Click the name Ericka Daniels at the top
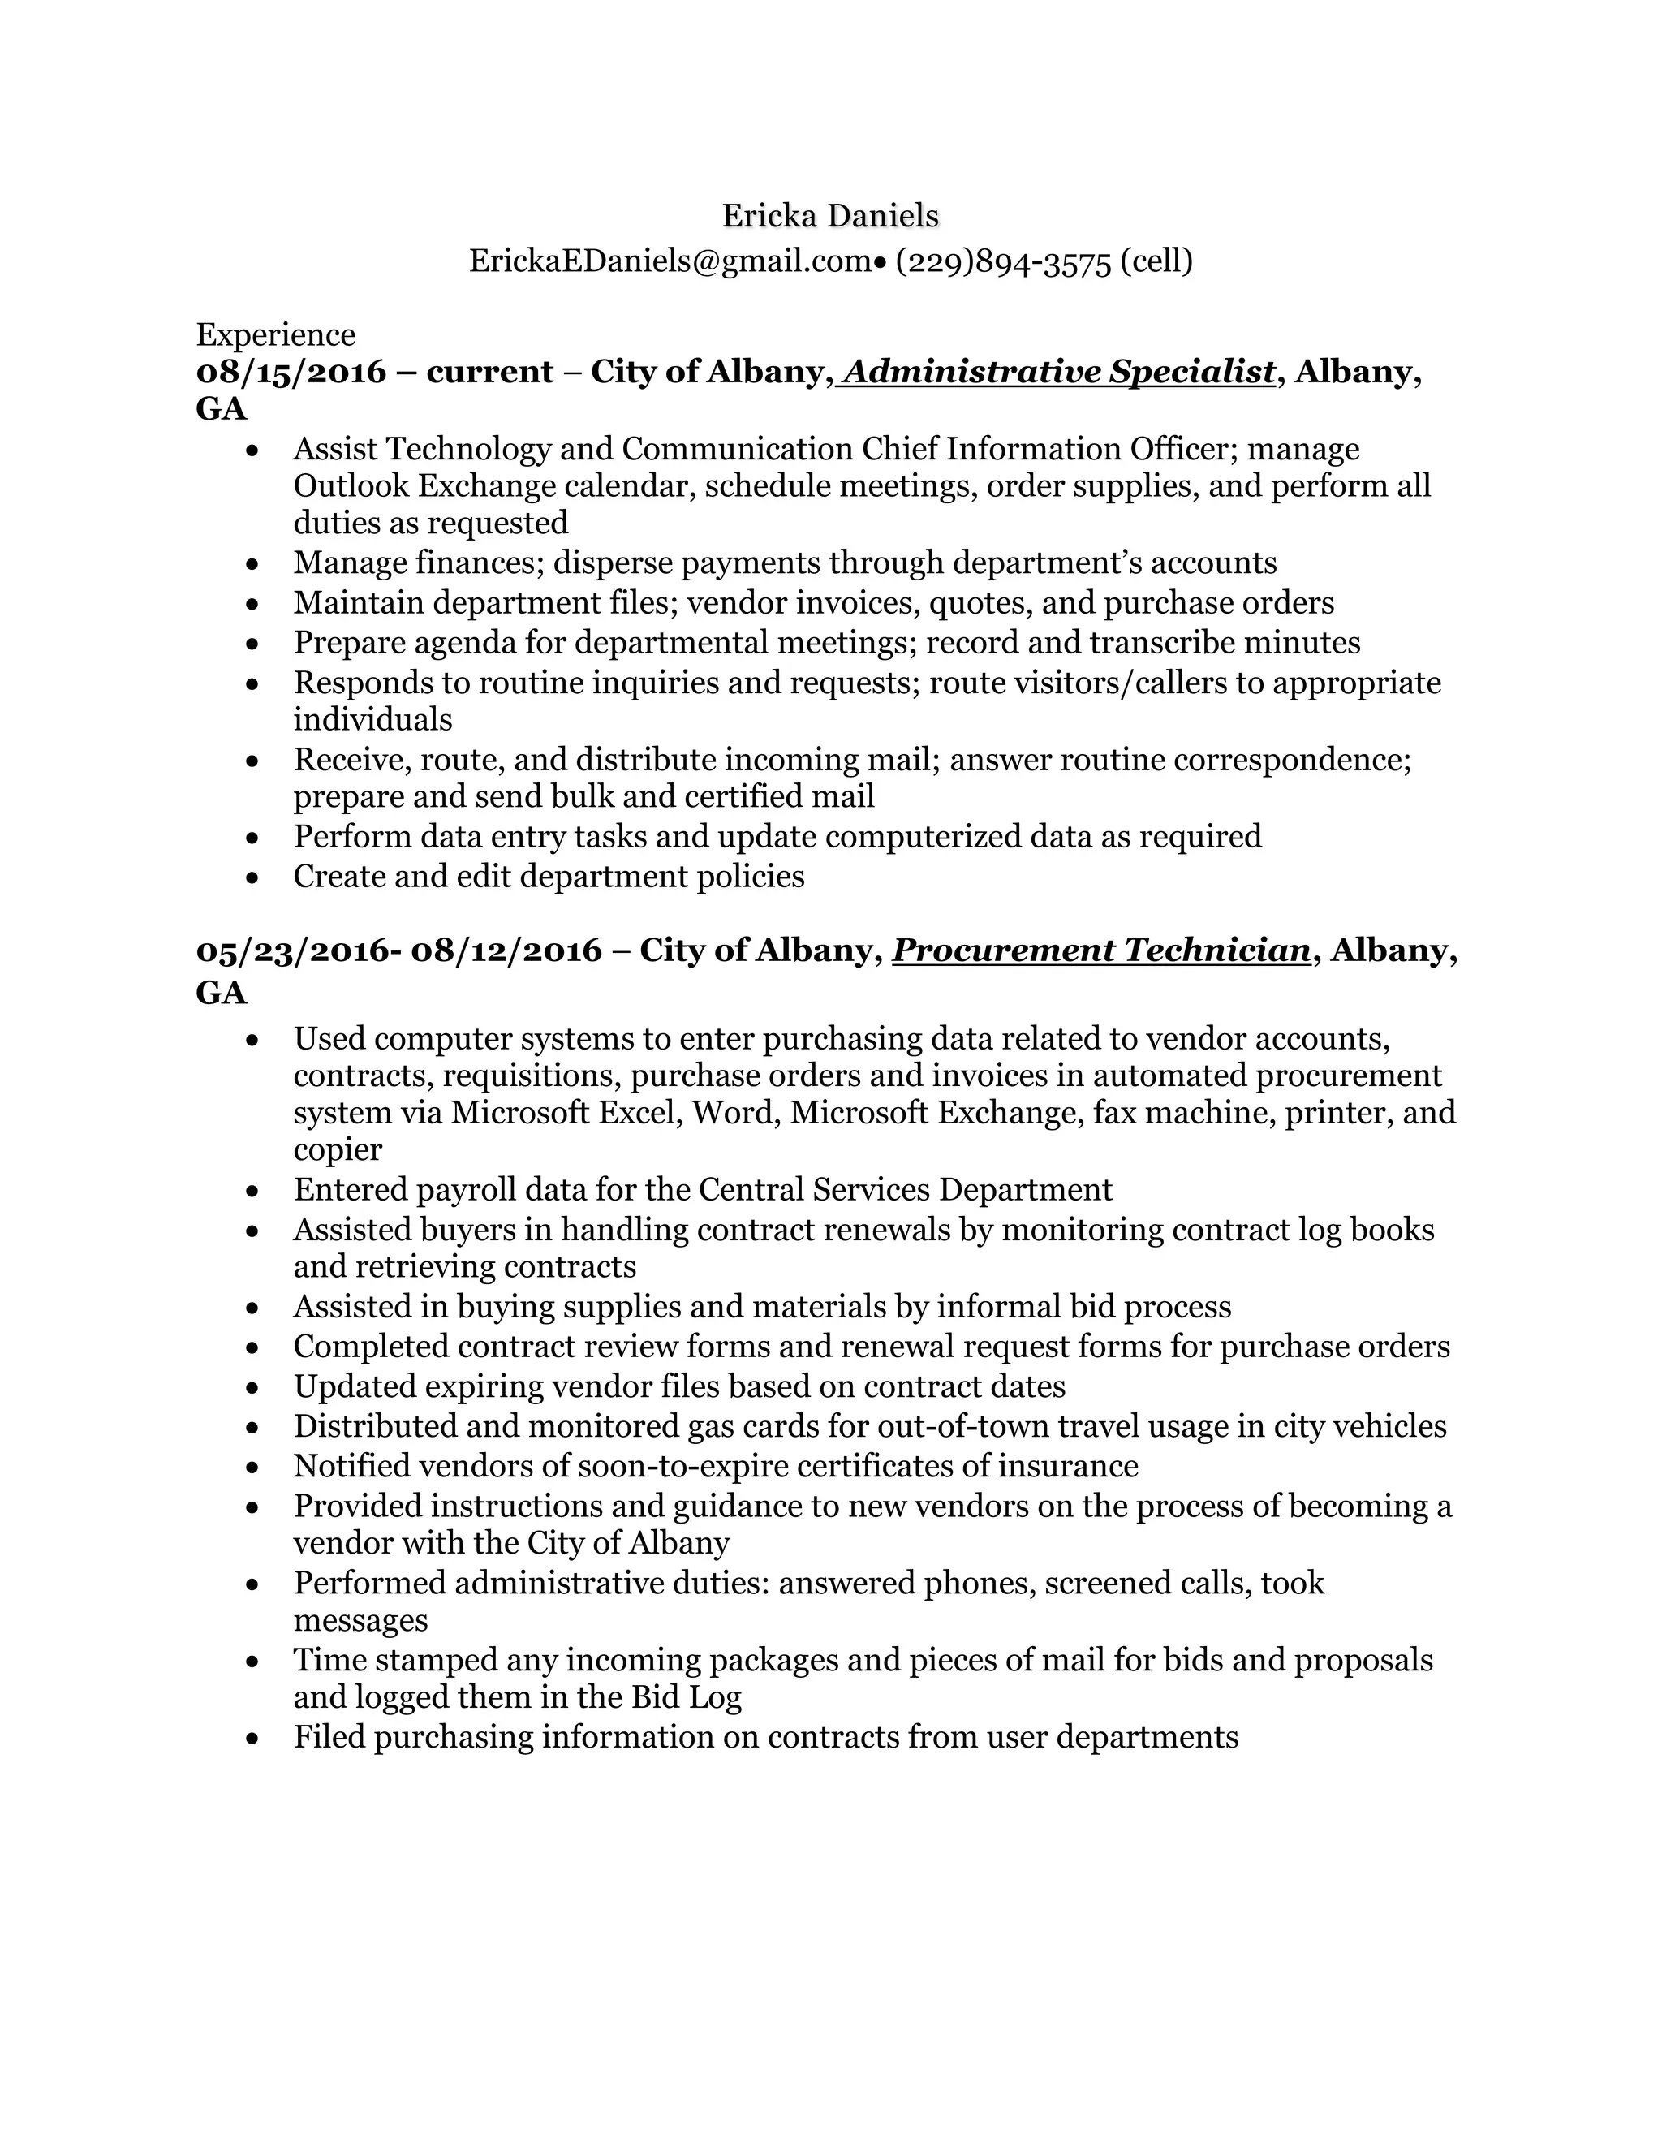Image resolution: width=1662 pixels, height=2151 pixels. click(x=830, y=216)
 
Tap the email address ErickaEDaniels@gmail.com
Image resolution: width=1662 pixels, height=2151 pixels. click(x=670, y=261)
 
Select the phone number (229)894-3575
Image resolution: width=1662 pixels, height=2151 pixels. click(x=1003, y=262)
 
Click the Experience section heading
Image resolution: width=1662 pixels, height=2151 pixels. click(x=276, y=335)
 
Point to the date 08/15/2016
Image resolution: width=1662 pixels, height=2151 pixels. click(x=291, y=373)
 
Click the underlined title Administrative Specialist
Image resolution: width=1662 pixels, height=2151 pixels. click(x=1057, y=373)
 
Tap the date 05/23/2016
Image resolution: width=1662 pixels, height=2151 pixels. click(x=294, y=950)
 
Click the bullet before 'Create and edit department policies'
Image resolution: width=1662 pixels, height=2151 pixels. click(x=253, y=877)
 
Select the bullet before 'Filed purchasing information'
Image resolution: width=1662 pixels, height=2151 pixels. click(x=253, y=1737)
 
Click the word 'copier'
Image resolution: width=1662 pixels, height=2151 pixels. click(x=338, y=1149)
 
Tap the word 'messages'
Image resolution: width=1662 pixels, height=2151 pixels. click(x=360, y=1620)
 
